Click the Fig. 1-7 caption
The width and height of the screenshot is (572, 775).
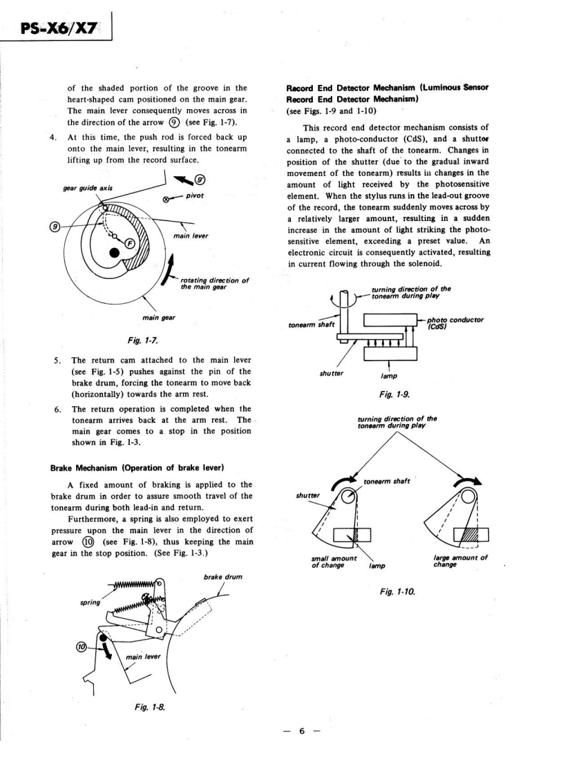(149, 339)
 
